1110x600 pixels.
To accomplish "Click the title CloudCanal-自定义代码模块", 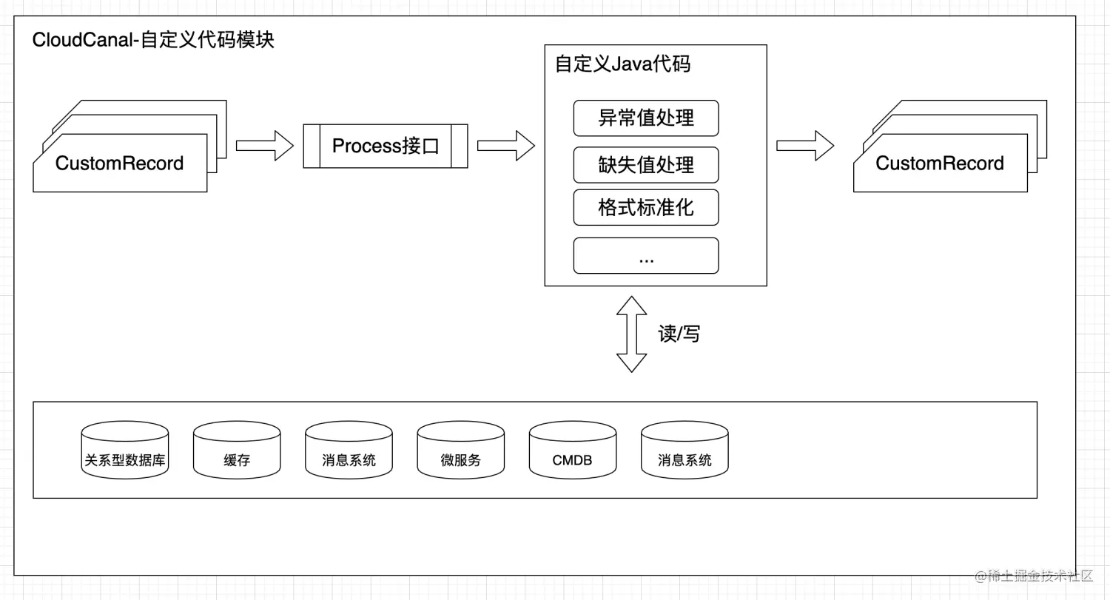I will [x=153, y=40].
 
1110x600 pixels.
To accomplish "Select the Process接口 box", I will [x=386, y=146].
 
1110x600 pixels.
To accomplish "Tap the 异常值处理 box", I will [x=646, y=118].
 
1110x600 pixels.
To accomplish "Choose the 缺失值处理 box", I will [x=646, y=164].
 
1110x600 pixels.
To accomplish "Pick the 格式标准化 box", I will [x=646, y=207].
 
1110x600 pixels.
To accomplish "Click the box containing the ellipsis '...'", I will [x=646, y=256].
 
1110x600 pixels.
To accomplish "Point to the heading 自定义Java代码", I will [x=622, y=64].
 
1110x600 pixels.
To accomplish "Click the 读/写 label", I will [x=679, y=334].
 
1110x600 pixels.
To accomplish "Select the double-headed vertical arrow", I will [x=631, y=334].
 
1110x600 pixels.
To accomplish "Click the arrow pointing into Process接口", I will [x=265, y=145].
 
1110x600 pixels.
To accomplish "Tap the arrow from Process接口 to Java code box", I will [x=506, y=145].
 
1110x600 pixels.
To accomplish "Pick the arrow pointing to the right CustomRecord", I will [x=805, y=145].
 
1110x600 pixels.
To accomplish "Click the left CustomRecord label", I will [x=119, y=164].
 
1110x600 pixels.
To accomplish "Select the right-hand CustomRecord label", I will [x=940, y=164].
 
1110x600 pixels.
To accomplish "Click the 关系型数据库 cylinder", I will [x=125, y=451].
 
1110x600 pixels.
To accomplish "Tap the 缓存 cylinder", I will [x=237, y=451].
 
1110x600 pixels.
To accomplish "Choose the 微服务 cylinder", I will [x=461, y=451].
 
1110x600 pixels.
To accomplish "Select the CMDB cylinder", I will [x=573, y=451].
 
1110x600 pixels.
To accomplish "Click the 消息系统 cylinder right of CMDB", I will [x=684, y=451].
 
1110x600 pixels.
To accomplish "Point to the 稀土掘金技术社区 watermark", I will [x=1034, y=576].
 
